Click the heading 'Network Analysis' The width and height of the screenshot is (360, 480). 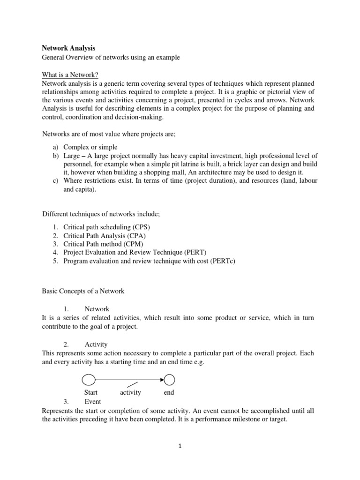(x=68, y=48)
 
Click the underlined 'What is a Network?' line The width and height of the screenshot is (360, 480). (x=70, y=75)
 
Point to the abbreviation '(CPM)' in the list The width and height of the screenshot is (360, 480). (x=133, y=244)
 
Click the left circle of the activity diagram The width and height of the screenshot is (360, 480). (x=89, y=379)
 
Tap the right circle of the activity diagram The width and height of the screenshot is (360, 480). (x=169, y=379)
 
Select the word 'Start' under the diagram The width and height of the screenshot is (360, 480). (x=91, y=392)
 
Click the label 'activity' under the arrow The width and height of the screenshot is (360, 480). (x=130, y=392)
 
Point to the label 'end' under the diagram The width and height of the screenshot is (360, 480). (x=169, y=392)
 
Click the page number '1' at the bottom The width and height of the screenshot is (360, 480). (x=180, y=446)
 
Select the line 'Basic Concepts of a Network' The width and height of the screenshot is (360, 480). (x=83, y=291)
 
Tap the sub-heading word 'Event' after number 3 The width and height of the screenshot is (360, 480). (x=93, y=401)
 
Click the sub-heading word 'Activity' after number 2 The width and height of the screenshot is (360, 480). (x=96, y=344)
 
